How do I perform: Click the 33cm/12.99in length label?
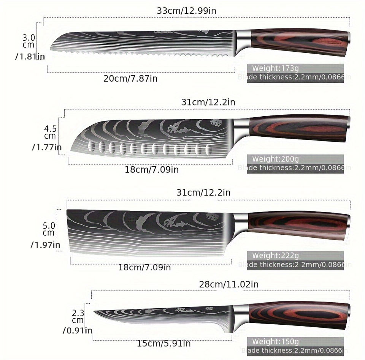186,11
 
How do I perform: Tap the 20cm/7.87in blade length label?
130,79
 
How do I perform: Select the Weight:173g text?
276,68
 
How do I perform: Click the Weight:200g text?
276,159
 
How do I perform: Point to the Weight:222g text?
276,256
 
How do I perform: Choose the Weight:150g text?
276,341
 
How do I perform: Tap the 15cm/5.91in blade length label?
164,344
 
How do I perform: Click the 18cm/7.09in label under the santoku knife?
151,169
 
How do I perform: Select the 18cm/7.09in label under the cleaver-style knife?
144,267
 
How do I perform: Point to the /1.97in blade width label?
45,245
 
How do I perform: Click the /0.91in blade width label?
77,330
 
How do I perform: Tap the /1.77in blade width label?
46,147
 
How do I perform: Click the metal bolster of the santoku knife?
241,129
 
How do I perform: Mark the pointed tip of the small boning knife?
95,312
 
